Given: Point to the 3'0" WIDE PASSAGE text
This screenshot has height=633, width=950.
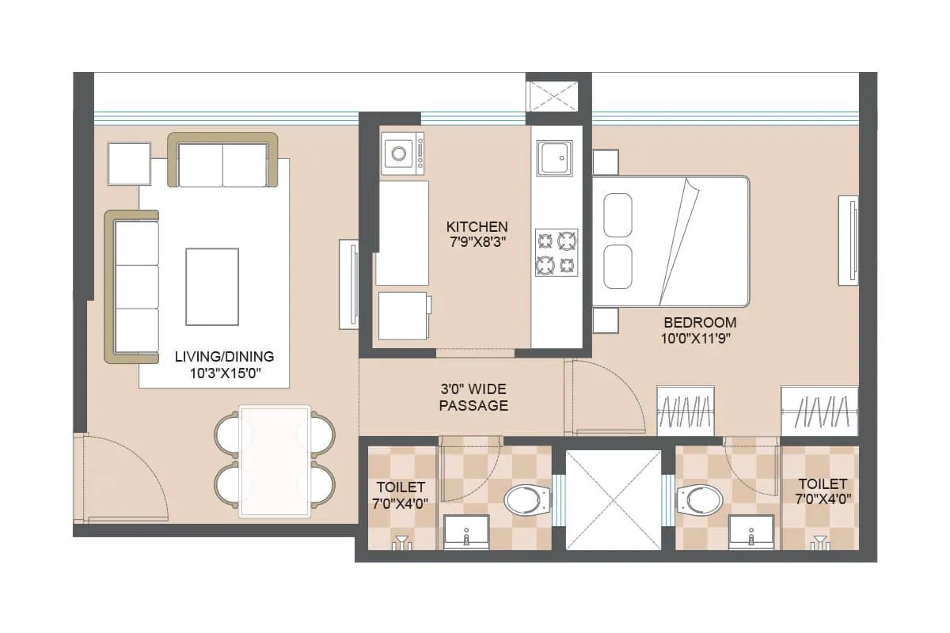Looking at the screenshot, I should [x=473, y=397].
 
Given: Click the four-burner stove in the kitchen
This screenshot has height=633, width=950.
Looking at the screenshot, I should [x=556, y=252].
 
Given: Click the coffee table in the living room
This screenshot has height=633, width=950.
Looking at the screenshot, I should [x=211, y=286].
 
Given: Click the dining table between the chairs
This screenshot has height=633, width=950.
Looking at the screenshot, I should [x=275, y=461].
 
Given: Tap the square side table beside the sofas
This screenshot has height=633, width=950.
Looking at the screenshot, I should [x=129, y=164].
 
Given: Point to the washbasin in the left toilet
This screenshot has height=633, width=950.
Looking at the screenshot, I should [x=465, y=532].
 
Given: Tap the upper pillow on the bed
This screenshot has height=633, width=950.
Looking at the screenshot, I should [x=617, y=214].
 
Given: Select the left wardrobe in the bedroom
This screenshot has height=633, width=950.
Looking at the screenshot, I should [x=687, y=410].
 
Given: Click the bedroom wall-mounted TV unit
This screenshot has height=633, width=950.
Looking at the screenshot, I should [x=849, y=238].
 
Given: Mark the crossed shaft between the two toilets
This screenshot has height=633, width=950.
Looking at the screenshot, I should [x=614, y=499].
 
